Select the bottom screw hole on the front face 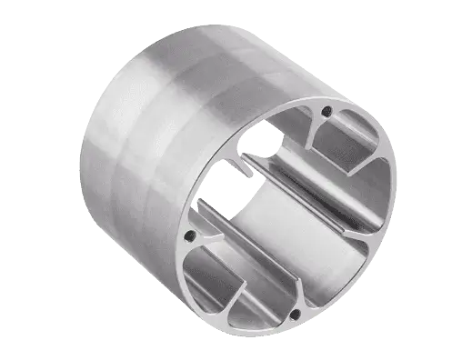pos(296,314)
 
